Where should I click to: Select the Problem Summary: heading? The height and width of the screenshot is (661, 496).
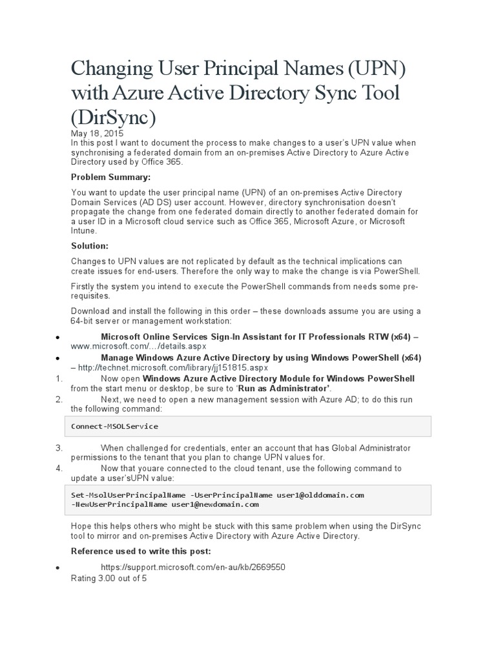coord(110,177)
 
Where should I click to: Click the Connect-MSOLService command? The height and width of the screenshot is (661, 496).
coord(114,426)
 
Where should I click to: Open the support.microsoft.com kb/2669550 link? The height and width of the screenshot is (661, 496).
coord(193,567)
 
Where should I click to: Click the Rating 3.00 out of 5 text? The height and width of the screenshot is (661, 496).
coord(108,578)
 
